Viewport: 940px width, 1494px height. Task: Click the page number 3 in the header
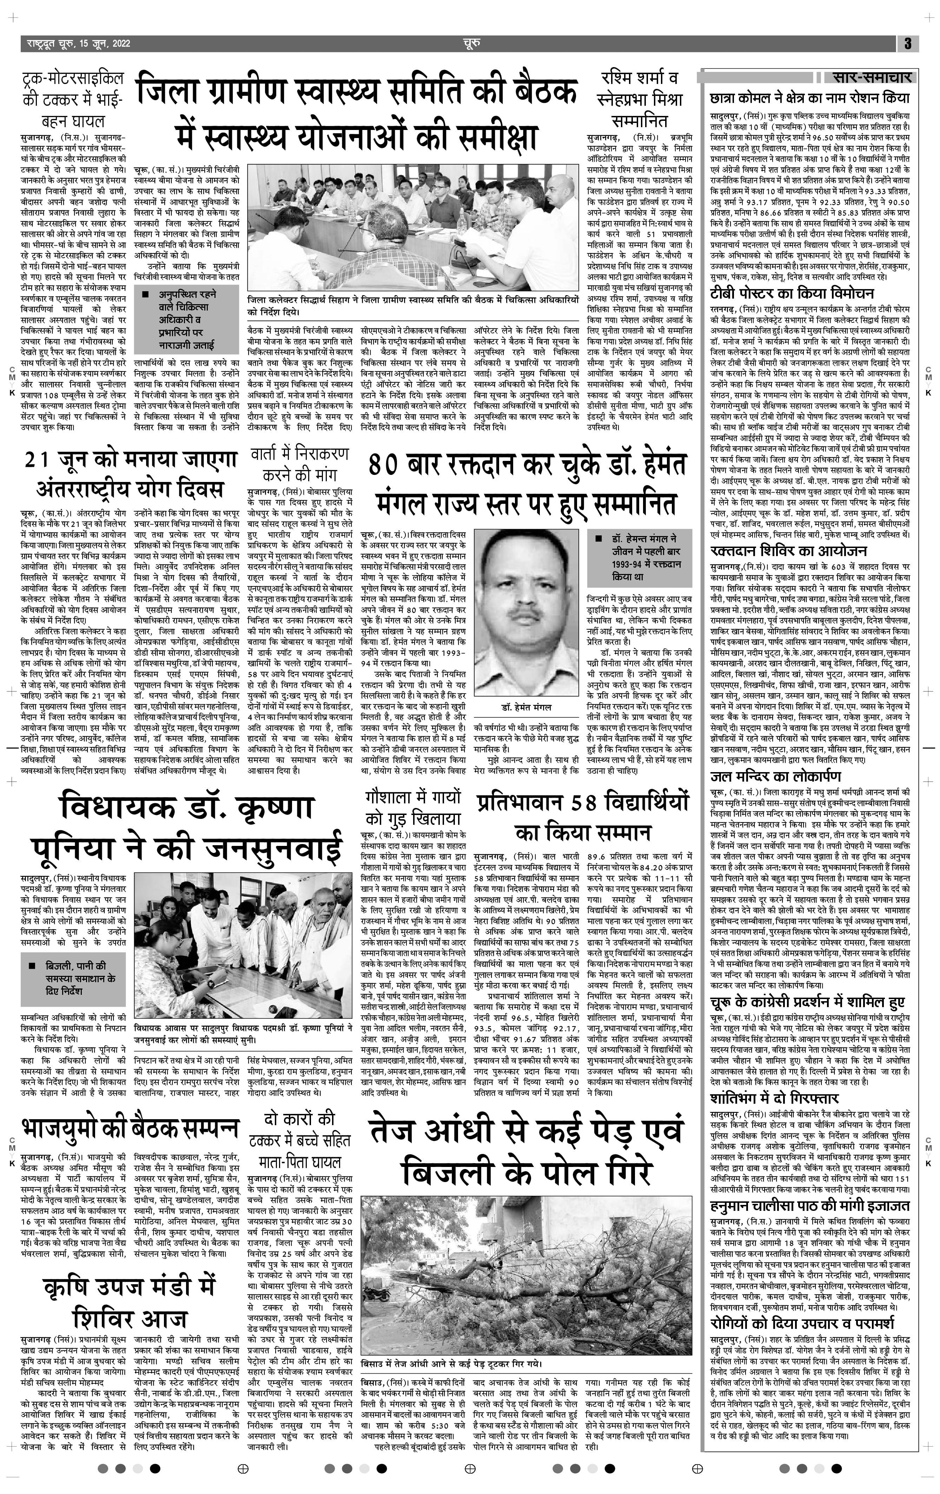[907, 44]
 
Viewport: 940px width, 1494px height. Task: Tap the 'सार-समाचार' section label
[871, 78]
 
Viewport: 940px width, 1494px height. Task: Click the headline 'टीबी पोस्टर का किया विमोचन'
[793, 293]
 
